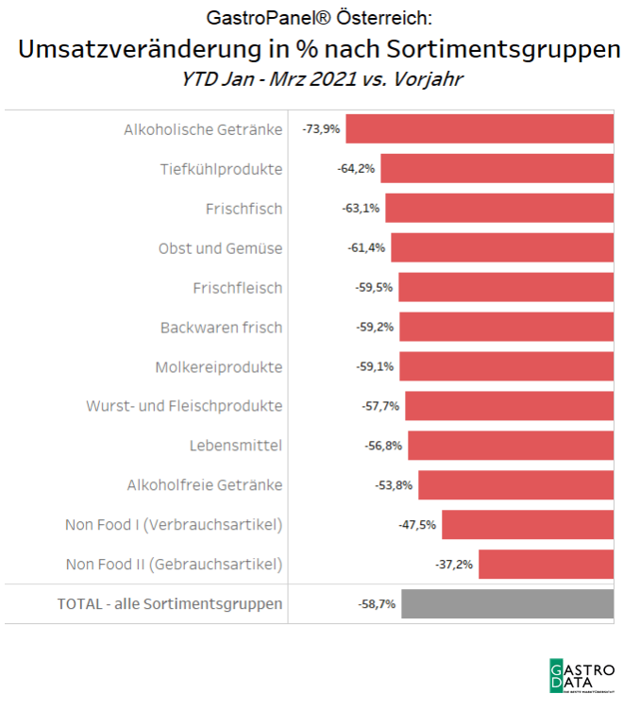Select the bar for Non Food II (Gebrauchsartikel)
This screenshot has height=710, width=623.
(547, 565)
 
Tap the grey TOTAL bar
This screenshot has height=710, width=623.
(508, 603)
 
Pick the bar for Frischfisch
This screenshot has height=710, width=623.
(499, 209)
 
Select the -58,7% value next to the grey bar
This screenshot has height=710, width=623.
(377, 603)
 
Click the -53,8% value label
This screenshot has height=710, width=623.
(395, 485)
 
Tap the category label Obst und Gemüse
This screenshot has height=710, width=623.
(220, 248)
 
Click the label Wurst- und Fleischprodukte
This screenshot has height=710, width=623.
(184, 406)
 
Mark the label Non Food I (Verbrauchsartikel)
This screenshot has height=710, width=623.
(174, 525)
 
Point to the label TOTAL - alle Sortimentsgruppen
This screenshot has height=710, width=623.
(170, 603)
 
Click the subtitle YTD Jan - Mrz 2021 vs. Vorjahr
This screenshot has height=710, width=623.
(321, 80)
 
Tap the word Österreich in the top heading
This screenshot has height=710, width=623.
(386, 18)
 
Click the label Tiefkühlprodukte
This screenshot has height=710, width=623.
(221, 169)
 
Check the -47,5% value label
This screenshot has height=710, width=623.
(418, 525)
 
